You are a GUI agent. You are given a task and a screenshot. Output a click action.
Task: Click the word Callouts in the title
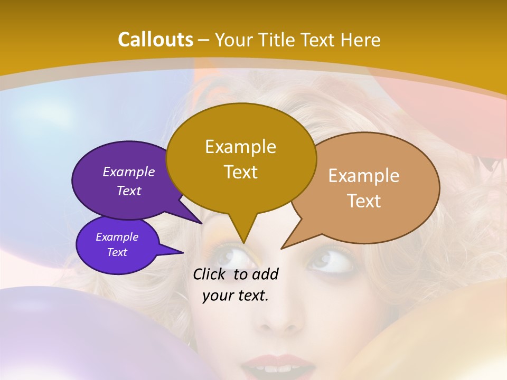[x=155, y=40]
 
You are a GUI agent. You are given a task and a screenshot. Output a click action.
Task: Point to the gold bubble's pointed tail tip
[x=243, y=242]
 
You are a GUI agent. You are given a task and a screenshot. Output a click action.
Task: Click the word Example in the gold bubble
[x=240, y=147]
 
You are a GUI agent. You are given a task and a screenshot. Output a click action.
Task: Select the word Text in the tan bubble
[x=364, y=201]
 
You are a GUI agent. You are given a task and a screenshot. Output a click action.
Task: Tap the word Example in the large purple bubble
[x=129, y=172]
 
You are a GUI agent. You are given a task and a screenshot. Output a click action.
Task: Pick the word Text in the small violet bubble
[x=117, y=252]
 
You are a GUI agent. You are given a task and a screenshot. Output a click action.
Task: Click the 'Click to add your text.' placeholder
[x=236, y=285]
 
